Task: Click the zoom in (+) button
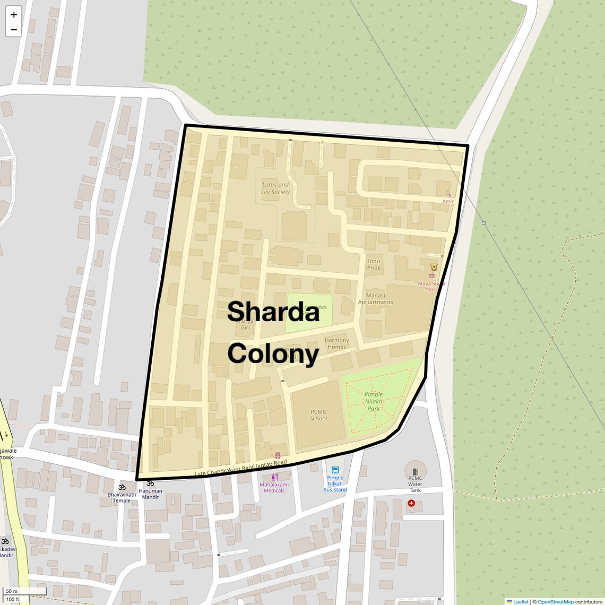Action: pos(14,14)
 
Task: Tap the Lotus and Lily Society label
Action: pos(275,188)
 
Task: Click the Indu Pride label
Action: pos(374,264)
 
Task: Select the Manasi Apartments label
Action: pos(375,299)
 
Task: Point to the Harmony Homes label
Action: pos(336,343)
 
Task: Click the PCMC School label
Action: pos(318,415)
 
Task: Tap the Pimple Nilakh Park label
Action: pos(374,401)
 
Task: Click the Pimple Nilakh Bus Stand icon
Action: pos(335,470)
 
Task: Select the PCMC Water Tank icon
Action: pos(415,472)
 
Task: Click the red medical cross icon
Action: pos(411,503)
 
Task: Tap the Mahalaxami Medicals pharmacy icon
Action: pos(274,477)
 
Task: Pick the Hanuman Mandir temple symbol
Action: pos(150,483)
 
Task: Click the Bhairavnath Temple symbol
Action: pos(122,487)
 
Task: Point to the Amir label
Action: pos(448,201)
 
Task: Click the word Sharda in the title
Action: pos(273,312)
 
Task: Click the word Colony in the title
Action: pos(273,354)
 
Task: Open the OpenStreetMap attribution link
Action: pos(555,602)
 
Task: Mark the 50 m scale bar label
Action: pos(12,591)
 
